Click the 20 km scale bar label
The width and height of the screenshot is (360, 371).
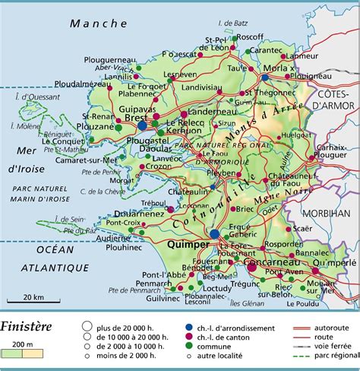click(x=33, y=296)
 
